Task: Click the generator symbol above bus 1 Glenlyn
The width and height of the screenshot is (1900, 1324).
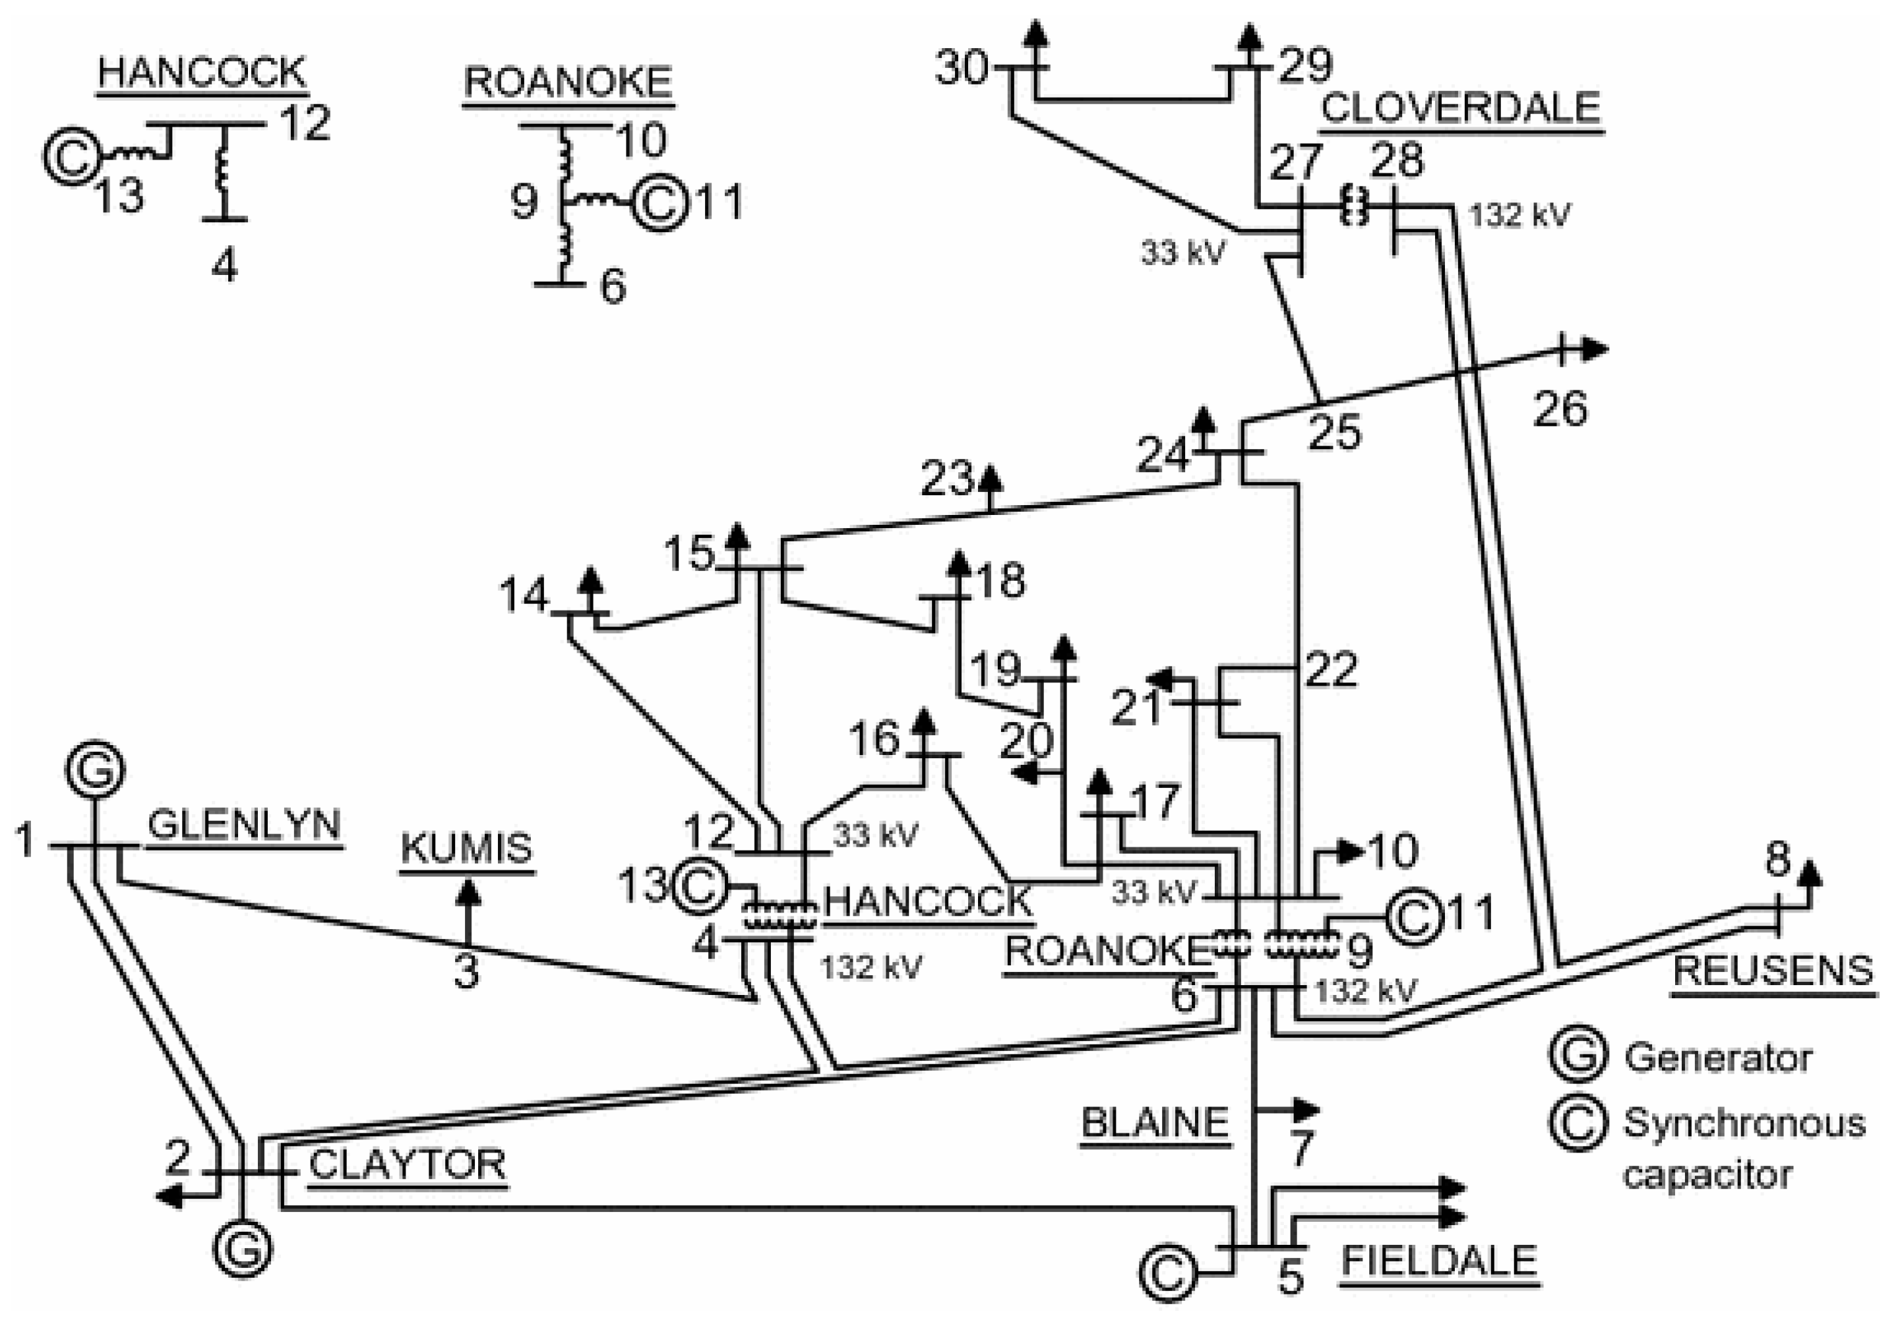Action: (x=95, y=769)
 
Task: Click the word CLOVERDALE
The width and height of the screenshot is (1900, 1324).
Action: (x=1461, y=107)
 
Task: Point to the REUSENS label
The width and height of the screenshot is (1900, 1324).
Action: (x=1773, y=970)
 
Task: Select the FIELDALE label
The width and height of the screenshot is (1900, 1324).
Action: (x=1439, y=1260)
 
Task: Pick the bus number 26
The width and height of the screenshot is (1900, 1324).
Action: (x=1560, y=409)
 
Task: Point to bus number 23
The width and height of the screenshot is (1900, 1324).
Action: (x=946, y=478)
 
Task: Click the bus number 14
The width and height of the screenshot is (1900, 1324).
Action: (x=524, y=594)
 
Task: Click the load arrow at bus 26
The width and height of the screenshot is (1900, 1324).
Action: (x=1593, y=350)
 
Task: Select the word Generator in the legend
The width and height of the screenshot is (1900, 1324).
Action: (x=1718, y=1058)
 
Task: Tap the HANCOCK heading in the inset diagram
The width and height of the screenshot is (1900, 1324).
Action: (x=202, y=73)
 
